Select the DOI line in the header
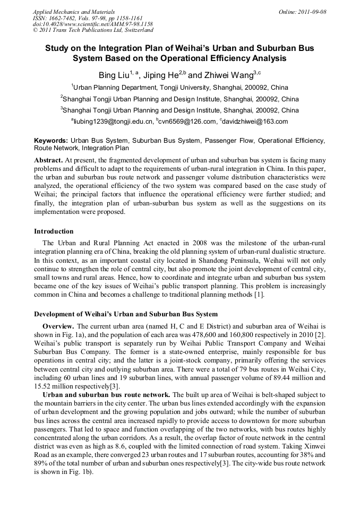click(92, 24)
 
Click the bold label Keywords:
click(51, 141)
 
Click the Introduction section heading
click(54, 231)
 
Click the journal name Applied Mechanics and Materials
click(73, 12)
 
